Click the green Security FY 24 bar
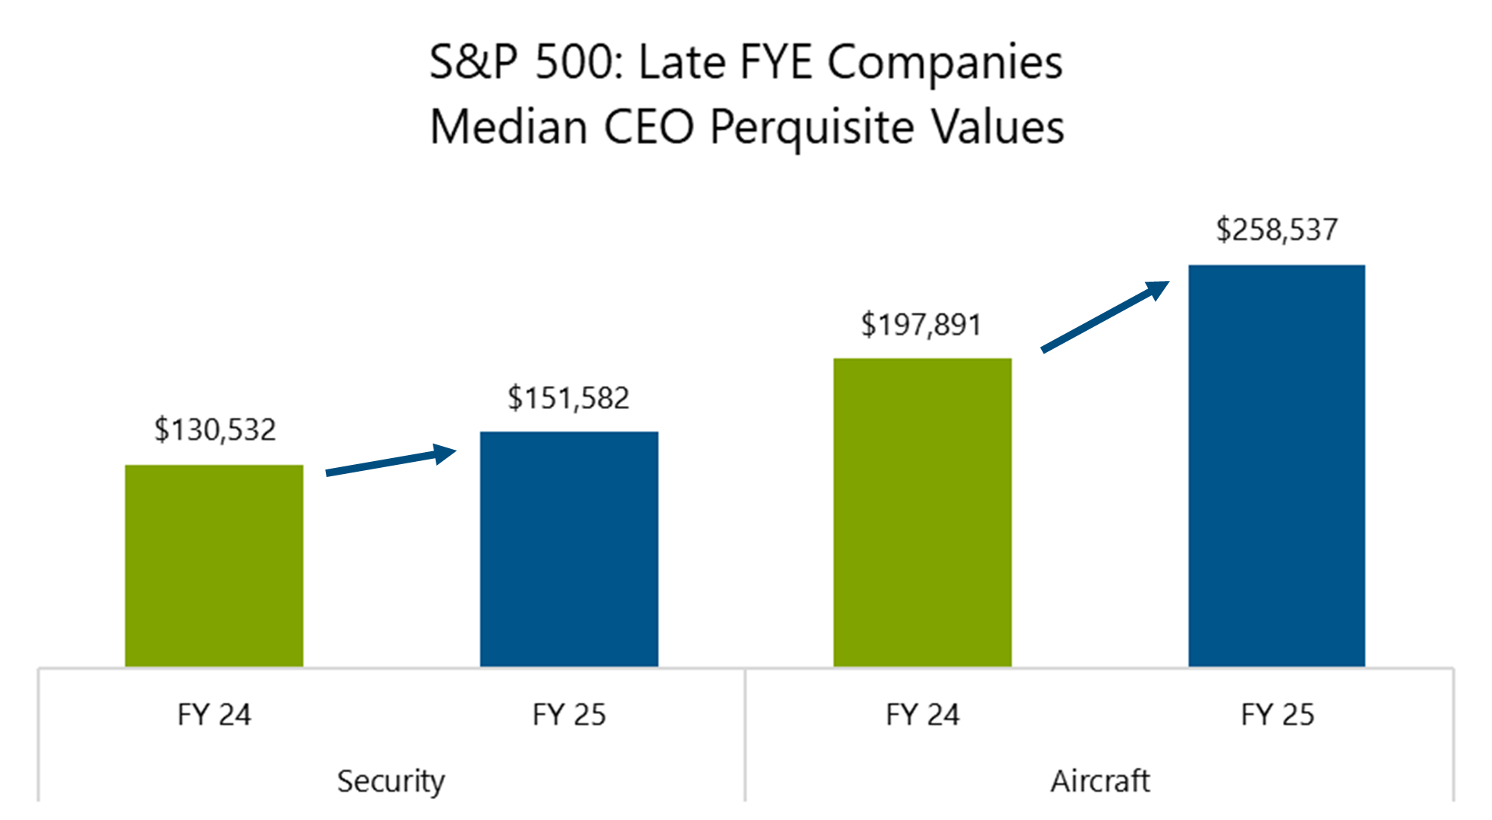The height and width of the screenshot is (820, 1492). coord(214,566)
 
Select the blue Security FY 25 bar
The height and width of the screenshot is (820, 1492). coord(568,549)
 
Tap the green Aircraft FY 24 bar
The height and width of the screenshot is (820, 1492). coord(922,513)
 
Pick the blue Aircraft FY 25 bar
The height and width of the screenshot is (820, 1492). coord(1276,466)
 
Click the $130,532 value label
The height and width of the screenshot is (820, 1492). coord(215,430)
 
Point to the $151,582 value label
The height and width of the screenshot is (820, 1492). coord(568,398)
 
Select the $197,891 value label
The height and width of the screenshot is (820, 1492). coord(921,325)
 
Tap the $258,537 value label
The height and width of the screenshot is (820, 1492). coord(1277,230)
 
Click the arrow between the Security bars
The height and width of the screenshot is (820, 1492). coord(391,462)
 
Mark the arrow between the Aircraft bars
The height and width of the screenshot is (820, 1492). coord(1105,316)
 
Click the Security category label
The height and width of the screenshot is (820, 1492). coord(391,781)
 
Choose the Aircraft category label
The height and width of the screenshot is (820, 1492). coord(1099,781)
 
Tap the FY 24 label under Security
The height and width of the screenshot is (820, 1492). coord(214,715)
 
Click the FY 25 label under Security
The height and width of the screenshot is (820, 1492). coord(568,715)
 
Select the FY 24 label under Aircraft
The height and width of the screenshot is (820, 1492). coord(922,715)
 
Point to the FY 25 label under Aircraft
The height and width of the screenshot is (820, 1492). coord(1277,715)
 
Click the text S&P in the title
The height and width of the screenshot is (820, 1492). coord(474,62)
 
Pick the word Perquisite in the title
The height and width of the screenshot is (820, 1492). coord(812,127)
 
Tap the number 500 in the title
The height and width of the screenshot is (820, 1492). coord(577,62)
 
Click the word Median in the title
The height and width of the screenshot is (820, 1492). coord(508,126)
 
